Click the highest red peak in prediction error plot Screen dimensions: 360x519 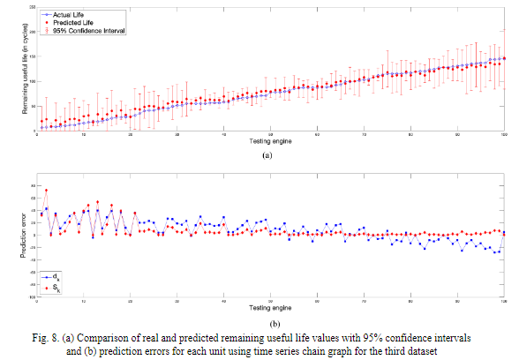point(46,191)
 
